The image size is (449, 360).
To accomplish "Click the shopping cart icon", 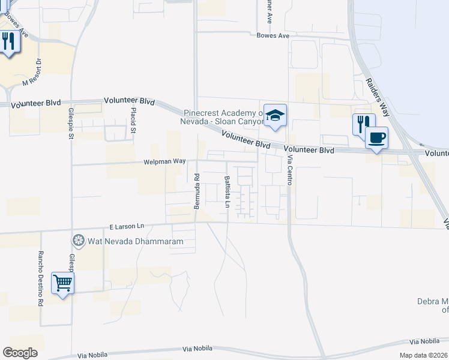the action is tap(62, 282).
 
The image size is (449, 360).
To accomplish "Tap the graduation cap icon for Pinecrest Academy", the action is tap(275, 115).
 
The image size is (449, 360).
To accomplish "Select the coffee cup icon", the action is tap(376, 137).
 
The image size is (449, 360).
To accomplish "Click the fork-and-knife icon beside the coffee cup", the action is tap(363, 124).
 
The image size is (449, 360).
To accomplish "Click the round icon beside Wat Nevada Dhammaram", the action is tap(78, 241).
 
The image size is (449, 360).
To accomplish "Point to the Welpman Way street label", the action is tap(164, 161).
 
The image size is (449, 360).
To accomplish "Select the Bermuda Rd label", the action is tap(197, 191).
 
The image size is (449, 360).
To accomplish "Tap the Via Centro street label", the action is tap(289, 170).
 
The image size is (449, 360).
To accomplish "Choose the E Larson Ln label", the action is tap(127, 226).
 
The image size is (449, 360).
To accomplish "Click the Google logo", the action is tap(20, 353).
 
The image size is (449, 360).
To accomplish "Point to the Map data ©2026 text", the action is tap(424, 355).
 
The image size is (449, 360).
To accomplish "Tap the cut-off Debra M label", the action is tap(433, 305).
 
